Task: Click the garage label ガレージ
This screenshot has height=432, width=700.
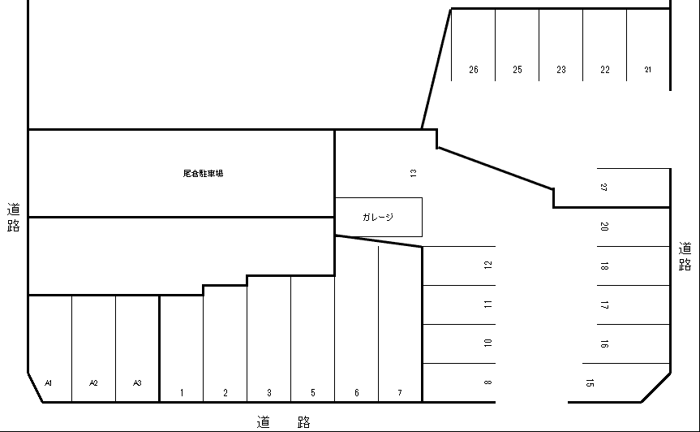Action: [x=378, y=217]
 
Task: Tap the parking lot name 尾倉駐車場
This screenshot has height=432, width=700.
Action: [x=203, y=173]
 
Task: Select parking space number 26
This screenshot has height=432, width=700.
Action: [x=473, y=70]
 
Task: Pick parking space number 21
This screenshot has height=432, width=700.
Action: [x=648, y=70]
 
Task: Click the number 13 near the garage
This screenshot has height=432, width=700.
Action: [x=414, y=173]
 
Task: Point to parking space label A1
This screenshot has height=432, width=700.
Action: [x=49, y=382]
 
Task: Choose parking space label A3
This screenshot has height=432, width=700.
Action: [x=137, y=382]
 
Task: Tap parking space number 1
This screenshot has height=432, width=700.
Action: [x=182, y=393]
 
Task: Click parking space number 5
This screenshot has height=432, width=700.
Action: [x=313, y=393]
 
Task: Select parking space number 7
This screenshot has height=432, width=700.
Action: [x=400, y=393]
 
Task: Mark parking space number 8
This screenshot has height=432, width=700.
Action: [x=487, y=382]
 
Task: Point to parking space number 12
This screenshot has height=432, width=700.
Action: [x=487, y=265]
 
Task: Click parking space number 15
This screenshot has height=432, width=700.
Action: [x=590, y=382]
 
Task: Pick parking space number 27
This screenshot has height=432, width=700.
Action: [x=603, y=188]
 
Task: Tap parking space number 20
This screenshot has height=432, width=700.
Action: [x=604, y=227]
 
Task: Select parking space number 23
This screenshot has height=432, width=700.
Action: [x=560, y=70]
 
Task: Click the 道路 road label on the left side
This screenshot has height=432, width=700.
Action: [x=14, y=217]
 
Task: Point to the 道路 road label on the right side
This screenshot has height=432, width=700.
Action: [x=685, y=257]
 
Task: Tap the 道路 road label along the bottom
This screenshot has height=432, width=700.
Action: [x=283, y=422]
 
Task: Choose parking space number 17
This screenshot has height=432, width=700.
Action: [x=604, y=305]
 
